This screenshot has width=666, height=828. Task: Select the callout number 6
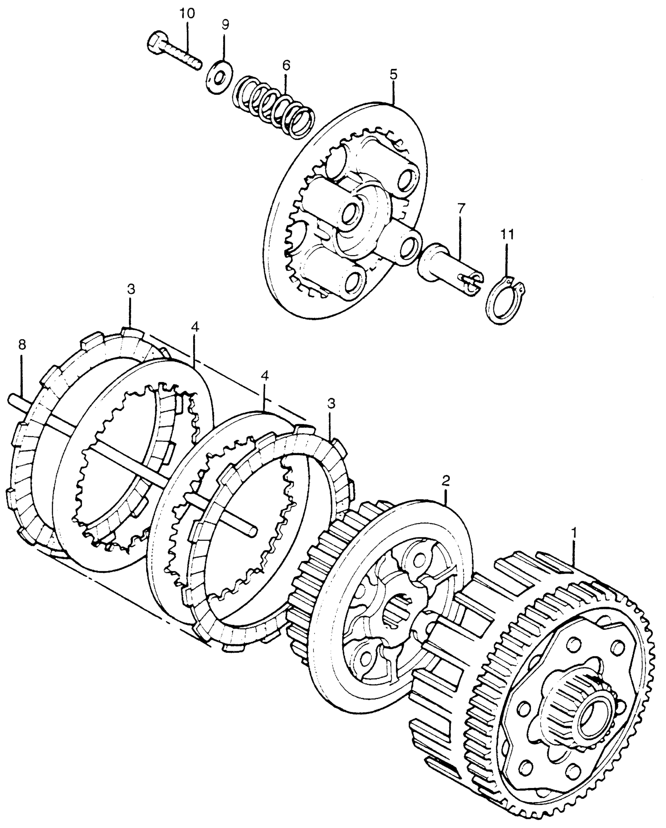[286, 65]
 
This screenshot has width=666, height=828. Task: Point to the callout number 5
[393, 74]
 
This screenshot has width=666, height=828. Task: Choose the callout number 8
[22, 345]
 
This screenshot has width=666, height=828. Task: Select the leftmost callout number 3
[131, 289]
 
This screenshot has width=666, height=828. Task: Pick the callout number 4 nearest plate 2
[264, 376]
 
